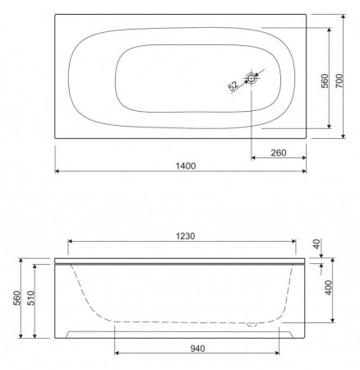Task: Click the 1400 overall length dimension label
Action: click(186, 166)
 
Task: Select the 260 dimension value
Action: click(279, 153)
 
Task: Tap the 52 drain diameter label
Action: click(233, 86)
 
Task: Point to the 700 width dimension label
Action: click(339, 81)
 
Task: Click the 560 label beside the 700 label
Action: click(325, 81)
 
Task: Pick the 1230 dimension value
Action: click(186, 236)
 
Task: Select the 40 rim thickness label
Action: click(316, 243)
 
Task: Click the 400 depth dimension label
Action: click(328, 288)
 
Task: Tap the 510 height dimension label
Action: click(30, 298)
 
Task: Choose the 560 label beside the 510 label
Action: click(16, 298)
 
